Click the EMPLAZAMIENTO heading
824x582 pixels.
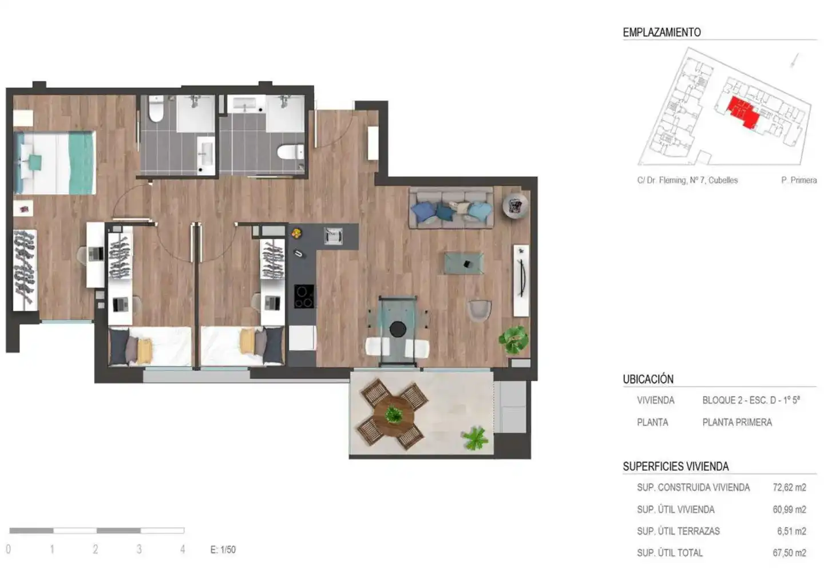point(661,33)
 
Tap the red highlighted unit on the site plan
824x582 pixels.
point(743,112)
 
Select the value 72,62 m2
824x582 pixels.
point(789,488)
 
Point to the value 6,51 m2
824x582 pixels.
point(791,531)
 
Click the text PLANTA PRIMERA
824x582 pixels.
point(737,422)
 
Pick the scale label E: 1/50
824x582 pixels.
point(223,549)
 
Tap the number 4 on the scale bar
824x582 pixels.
point(183,549)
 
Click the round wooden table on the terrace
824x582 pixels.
point(394,415)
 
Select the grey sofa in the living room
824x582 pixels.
point(451,208)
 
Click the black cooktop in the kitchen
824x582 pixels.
point(304,296)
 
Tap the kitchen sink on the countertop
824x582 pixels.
point(333,236)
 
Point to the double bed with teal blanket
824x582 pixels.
point(55,163)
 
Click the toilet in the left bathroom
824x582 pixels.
point(156,109)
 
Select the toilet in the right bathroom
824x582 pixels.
point(290,152)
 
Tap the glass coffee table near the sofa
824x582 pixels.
point(464,263)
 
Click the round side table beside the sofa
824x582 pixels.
point(516,205)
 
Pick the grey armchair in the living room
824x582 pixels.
point(479,311)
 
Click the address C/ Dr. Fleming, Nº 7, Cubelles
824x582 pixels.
point(687,180)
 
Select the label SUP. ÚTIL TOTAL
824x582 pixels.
point(669,553)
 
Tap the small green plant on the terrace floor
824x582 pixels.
point(475,438)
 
